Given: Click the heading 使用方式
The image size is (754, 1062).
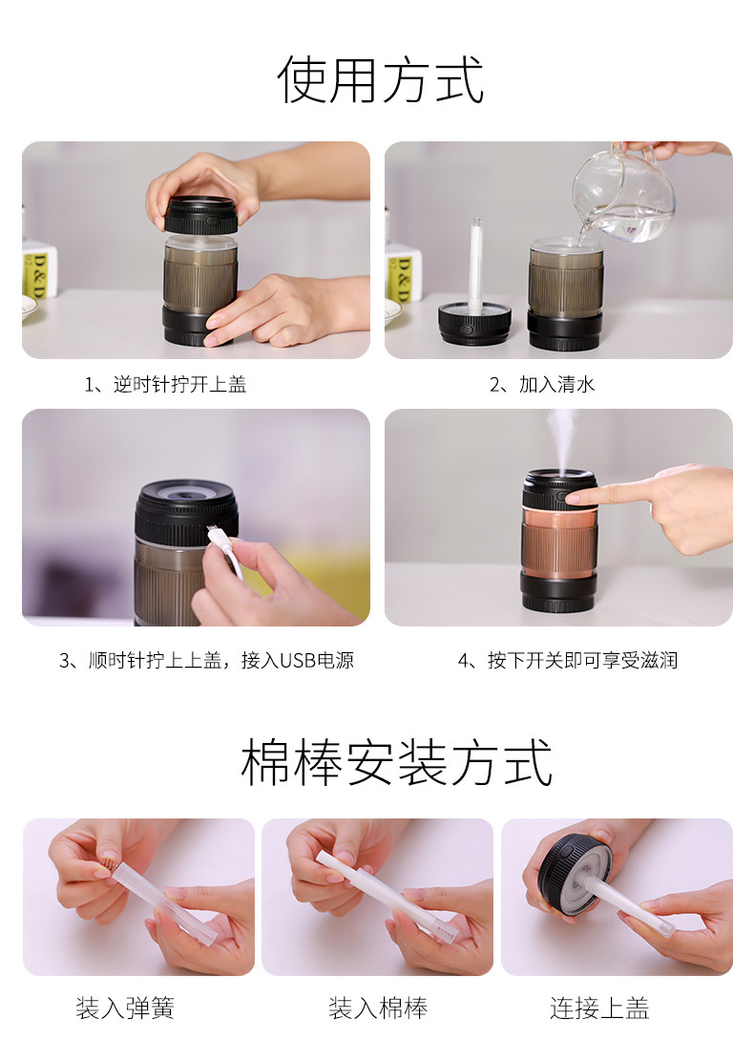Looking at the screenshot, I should coord(380,80).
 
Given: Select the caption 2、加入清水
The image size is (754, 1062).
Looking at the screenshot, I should coord(542,385).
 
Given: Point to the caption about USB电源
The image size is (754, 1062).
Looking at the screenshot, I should coord(206,660).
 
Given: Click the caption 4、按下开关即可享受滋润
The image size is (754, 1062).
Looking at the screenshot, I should coord(568,660).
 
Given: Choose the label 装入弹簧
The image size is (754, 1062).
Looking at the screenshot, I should coord(125,1008).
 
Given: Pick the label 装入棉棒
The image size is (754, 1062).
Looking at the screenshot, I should coord(378,1008).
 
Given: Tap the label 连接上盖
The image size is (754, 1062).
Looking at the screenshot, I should coord(599,1008).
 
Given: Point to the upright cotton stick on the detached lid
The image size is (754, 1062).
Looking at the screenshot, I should coord(474,263).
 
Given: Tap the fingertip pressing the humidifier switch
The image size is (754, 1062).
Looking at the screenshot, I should coord(574,497).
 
